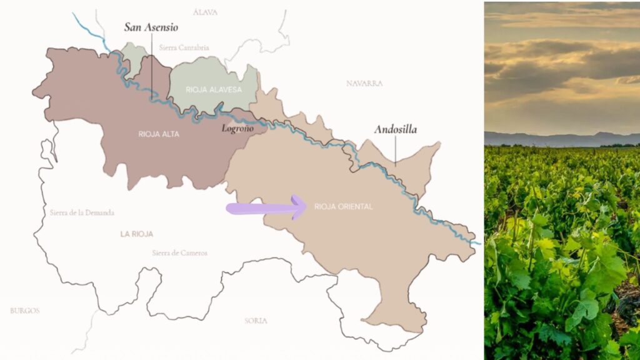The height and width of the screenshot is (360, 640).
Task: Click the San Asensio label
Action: (x=151, y=27)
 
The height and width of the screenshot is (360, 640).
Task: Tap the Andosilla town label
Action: (x=395, y=130)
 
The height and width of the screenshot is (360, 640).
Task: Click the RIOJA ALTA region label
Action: (x=159, y=134)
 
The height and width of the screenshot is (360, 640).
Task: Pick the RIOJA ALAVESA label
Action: (x=213, y=89)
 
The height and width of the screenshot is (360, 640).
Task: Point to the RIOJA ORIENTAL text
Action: (x=343, y=206)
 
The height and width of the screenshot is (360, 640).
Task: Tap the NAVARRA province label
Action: (x=364, y=83)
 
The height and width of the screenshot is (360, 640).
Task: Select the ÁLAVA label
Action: (x=205, y=12)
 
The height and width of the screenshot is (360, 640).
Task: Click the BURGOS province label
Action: (x=25, y=311)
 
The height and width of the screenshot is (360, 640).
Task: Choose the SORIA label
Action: (x=256, y=321)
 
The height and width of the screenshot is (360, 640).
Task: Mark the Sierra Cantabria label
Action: (x=184, y=47)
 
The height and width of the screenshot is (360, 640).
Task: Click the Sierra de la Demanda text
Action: (x=82, y=212)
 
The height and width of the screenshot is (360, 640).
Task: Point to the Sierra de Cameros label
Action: (x=179, y=253)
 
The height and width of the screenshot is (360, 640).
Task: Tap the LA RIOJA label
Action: (x=137, y=234)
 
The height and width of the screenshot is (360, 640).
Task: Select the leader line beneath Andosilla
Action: (x=395, y=150)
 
